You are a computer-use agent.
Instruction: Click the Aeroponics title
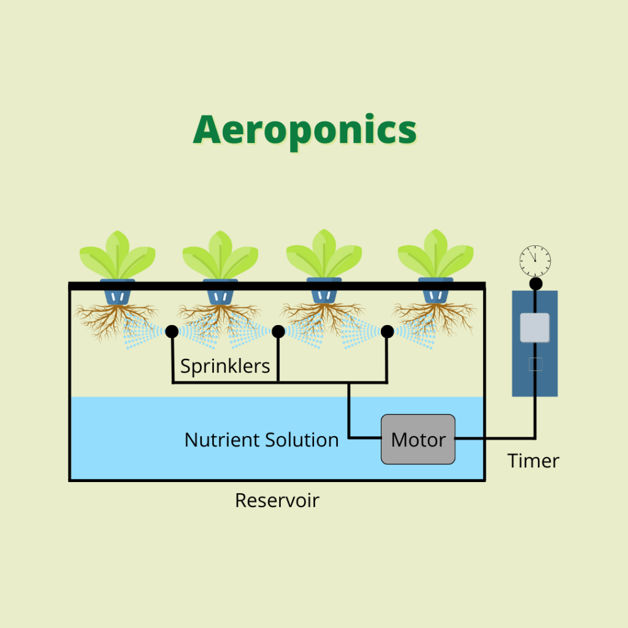(305, 130)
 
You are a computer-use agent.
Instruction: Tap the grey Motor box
(418, 439)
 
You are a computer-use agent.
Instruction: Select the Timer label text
(534, 461)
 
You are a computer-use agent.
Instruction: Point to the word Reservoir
(277, 500)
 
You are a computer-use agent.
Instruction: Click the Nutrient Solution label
(261, 440)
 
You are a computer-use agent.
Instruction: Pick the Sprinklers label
(225, 366)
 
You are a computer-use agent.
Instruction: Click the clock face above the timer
(535, 261)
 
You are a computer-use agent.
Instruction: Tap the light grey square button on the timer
(535, 327)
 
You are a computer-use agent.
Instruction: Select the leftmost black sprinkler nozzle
(172, 332)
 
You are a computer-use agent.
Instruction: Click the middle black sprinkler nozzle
(278, 332)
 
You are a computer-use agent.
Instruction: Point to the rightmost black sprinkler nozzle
(387, 332)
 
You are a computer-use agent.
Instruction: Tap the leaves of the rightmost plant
(435, 255)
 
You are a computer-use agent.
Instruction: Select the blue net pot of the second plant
(220, 293)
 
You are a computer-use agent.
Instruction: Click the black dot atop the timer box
(535, 283)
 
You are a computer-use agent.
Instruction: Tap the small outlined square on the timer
(535, 364)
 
